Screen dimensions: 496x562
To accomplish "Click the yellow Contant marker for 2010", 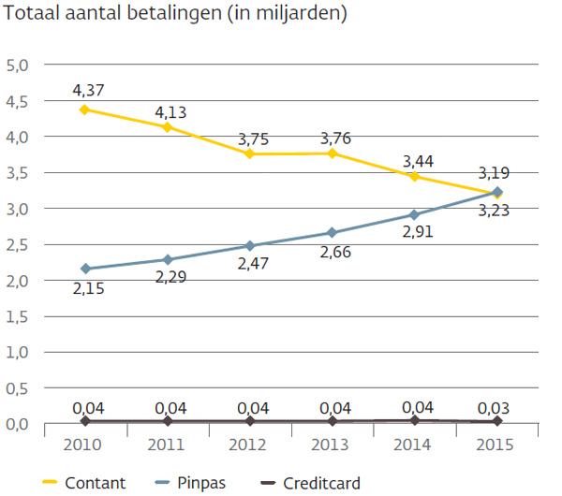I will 85,109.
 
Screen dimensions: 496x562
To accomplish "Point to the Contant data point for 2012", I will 250,153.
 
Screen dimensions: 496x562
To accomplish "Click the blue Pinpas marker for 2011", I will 168,259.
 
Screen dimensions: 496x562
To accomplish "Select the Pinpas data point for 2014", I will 415,214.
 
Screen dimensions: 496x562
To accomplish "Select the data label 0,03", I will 497,407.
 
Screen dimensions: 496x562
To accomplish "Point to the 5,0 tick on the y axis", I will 18,66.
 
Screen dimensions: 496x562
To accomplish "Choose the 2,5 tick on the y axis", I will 18,245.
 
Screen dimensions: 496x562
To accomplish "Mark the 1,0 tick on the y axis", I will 18,353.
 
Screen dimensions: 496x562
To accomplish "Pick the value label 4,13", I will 170,112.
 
